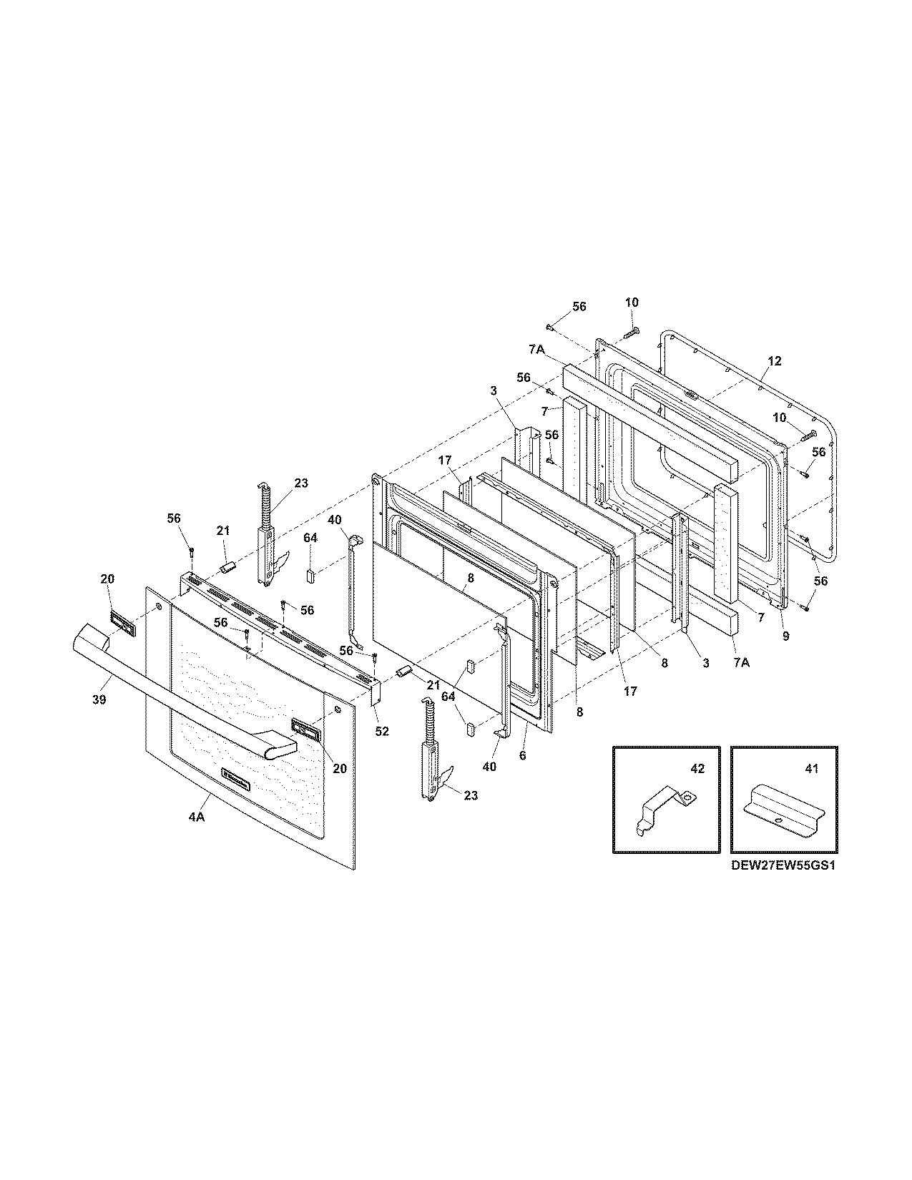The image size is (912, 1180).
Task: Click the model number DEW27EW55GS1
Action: [x=783, y=865]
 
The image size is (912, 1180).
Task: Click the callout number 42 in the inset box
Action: [x=697, y=769]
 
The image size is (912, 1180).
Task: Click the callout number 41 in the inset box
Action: [x=811, y=769]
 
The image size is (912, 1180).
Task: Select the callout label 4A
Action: [x=197, y=817]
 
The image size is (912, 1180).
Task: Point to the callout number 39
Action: [x=99, y=699]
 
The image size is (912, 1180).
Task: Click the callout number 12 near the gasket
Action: [x=775, y=360]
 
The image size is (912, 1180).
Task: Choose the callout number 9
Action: [x=785, y=636]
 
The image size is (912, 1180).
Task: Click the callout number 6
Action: [x=522, y=755]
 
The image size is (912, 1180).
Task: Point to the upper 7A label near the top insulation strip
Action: [x=537, y=349]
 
